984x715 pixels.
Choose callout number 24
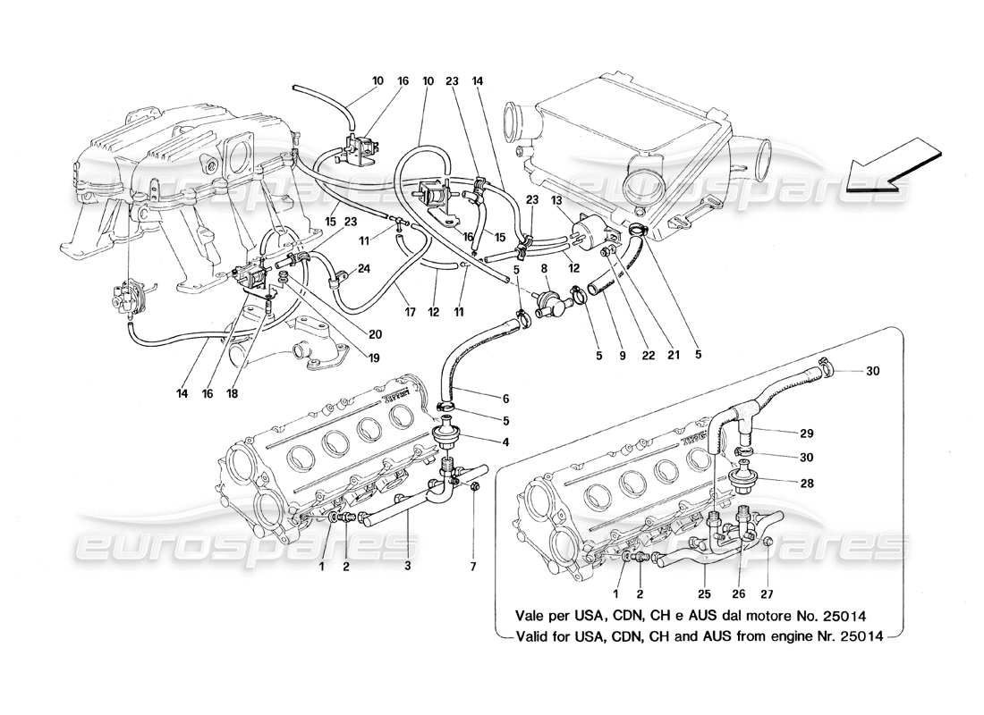tap(365, 267)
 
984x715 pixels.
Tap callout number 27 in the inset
tap(767, 592)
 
